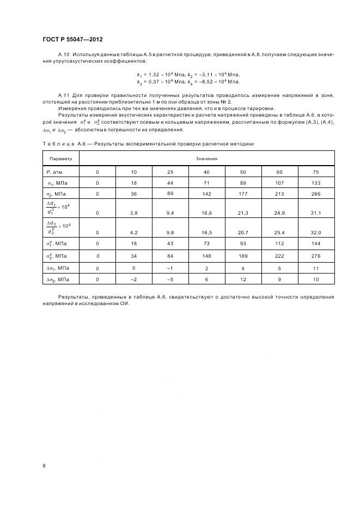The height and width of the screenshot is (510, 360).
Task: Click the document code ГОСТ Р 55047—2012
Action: pyautogui.click(x=72, y=39)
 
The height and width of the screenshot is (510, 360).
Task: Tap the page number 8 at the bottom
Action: pyautogui.click(x=44, y=465)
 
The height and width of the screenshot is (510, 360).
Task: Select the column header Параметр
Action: pyautogui.click(x=60, y=159)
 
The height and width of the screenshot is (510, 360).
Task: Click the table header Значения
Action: pyautogui.click(x=207, y=159)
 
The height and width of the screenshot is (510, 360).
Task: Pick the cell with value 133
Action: pyautogui.click(x=316, y=183)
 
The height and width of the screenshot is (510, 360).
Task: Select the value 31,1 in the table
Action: pyautogui.click(x=316, y=213)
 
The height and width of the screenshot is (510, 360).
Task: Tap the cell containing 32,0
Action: pyautogui.click(x=316, y=232)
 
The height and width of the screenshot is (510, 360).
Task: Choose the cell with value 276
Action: pyautogui.click(x=316, y=256)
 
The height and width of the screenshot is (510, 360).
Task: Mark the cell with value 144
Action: pyautogui.click(x=316, y=244)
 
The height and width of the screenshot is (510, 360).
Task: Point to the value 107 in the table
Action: pyautogui.click(x=279, y=183)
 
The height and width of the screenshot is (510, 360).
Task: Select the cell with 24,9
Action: pyautogui.click(x=279, y=213)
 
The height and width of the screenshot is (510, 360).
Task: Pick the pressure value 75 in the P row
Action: pyautogui.click(x=316, y=172)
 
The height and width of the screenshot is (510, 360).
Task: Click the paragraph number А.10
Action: pyautogui.click(x=64, y=56)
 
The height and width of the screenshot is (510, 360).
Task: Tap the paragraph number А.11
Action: pyautogui.click(x=64, y=95)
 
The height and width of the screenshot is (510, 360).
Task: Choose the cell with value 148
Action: pyautogui.click(x=207, y=256)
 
